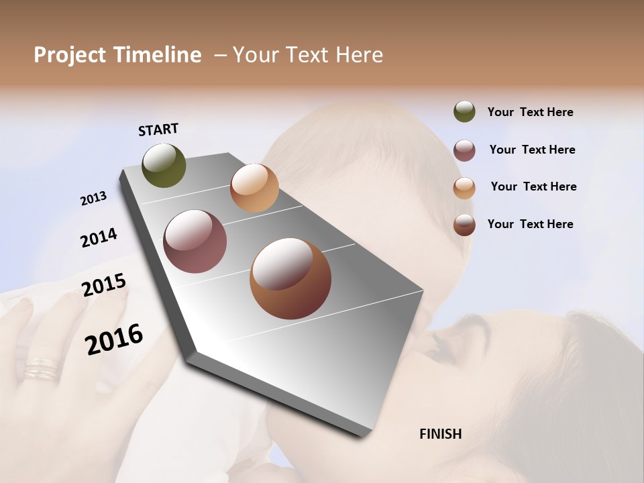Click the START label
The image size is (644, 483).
coord(158,129)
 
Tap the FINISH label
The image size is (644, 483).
coord(441,434)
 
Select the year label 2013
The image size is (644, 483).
coord(93,199)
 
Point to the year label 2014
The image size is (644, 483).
coord(99,237)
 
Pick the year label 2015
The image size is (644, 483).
coord(104,285)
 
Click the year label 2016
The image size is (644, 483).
coord(114,339)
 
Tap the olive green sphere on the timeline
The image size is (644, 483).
coord(164,165)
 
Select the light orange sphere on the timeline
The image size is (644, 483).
coord(254,188)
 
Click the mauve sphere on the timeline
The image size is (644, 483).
coord(195,241)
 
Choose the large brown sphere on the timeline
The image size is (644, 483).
coord(290,278)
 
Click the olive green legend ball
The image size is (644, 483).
coord(464,111)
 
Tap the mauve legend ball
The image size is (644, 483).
coord(464,150)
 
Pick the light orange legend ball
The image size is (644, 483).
coord(464,188)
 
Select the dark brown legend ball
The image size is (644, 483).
coord(464,225)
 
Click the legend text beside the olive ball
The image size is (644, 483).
coord(530,112)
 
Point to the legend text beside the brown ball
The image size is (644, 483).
coord(530,224)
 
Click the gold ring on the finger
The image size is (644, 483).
coord(42,369)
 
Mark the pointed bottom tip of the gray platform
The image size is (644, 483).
coord(362,436)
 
